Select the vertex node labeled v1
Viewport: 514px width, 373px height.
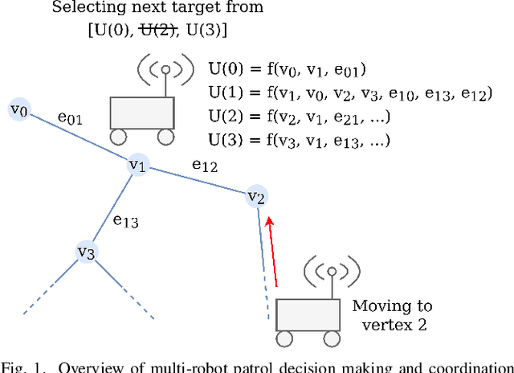coord(138,166)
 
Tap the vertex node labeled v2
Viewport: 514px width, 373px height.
coord(256,195)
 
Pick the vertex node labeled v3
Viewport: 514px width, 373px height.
coord(87,252)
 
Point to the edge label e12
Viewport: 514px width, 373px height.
coord(204,165)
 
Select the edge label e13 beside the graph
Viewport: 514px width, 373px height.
coord(124,219)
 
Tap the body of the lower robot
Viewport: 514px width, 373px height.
coord(309,314)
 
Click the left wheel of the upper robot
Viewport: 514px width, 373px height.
coord(119,136)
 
